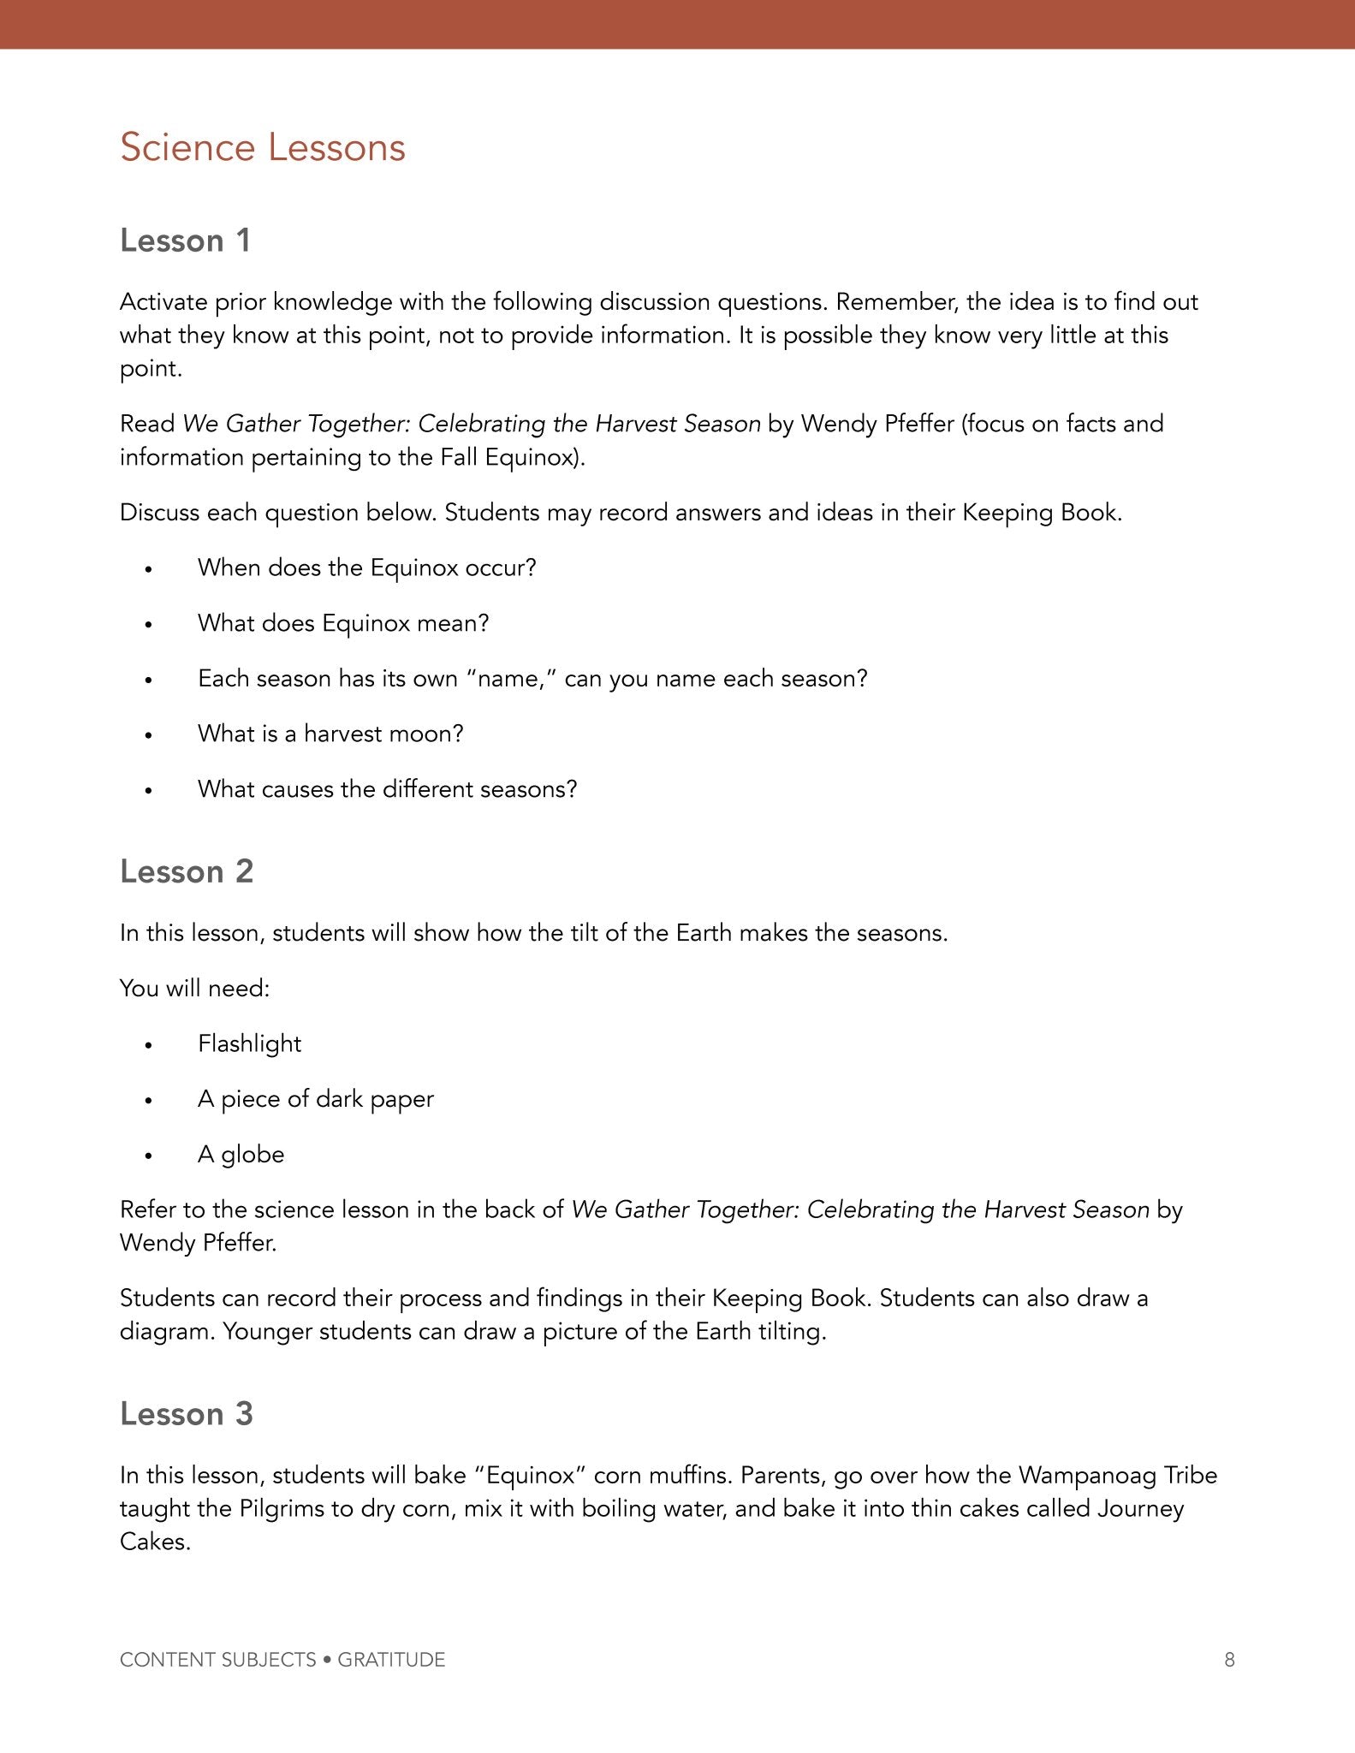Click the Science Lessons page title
click(262, 147)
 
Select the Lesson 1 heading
click(185, 241)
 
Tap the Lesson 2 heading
click(187, 871)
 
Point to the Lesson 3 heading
click(187, 1414)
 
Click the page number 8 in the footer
click(1229, 1660)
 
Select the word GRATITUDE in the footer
click(391, 1660)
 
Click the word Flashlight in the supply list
click(249, 1043)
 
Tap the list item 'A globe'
click(241, 1155)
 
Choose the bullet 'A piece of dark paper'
click(315, 1099)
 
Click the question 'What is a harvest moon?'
click(330, 734)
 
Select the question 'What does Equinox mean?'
click(343, 623)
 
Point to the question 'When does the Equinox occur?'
click(366, 567)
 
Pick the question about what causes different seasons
click(387, 789)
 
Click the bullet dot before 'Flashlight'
click(149, 1045)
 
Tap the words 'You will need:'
click(194, 988)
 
